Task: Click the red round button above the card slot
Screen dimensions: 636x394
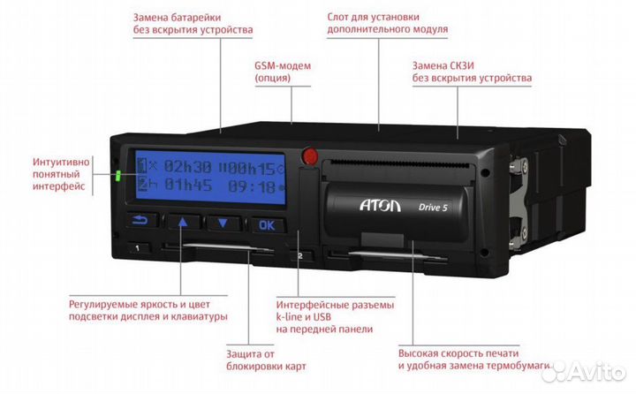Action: tap(310, 155)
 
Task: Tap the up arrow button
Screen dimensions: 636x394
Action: tap(184, 222)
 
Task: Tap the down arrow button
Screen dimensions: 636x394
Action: tap(223, 224)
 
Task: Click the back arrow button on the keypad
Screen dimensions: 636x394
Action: tap(140, 220)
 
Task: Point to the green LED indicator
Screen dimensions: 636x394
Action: tap(118, 176)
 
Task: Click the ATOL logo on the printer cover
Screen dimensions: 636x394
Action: tap(380, 205)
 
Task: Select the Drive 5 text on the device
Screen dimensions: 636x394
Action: tap(433, 208)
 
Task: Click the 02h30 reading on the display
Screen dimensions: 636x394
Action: tap(187, 166)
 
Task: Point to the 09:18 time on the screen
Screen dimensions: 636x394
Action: tap(252, 187)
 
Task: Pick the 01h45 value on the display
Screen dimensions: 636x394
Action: tap(188, 185)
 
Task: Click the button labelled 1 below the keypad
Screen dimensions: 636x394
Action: tap(138, 248)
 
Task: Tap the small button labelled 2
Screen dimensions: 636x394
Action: tap(300, 256)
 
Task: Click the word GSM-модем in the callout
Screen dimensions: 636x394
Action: tap(283, 65)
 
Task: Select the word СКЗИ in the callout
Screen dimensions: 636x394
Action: tap(462, 65)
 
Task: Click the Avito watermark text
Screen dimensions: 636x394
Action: tap(593, 371)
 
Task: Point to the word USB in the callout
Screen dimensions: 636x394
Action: tap(322, 317)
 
